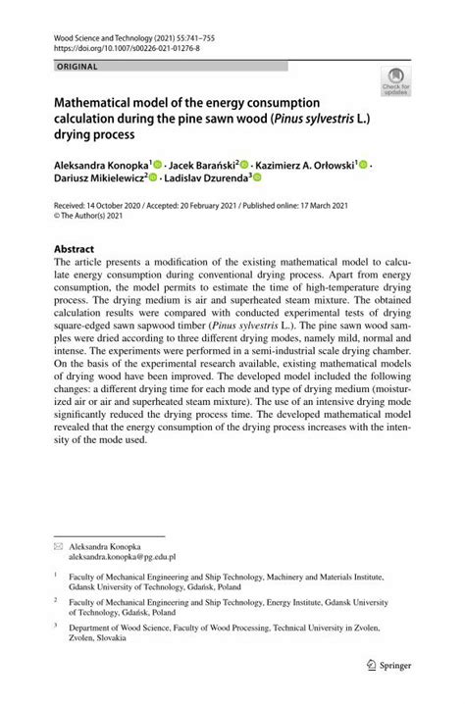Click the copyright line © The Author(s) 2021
pos(94,221)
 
